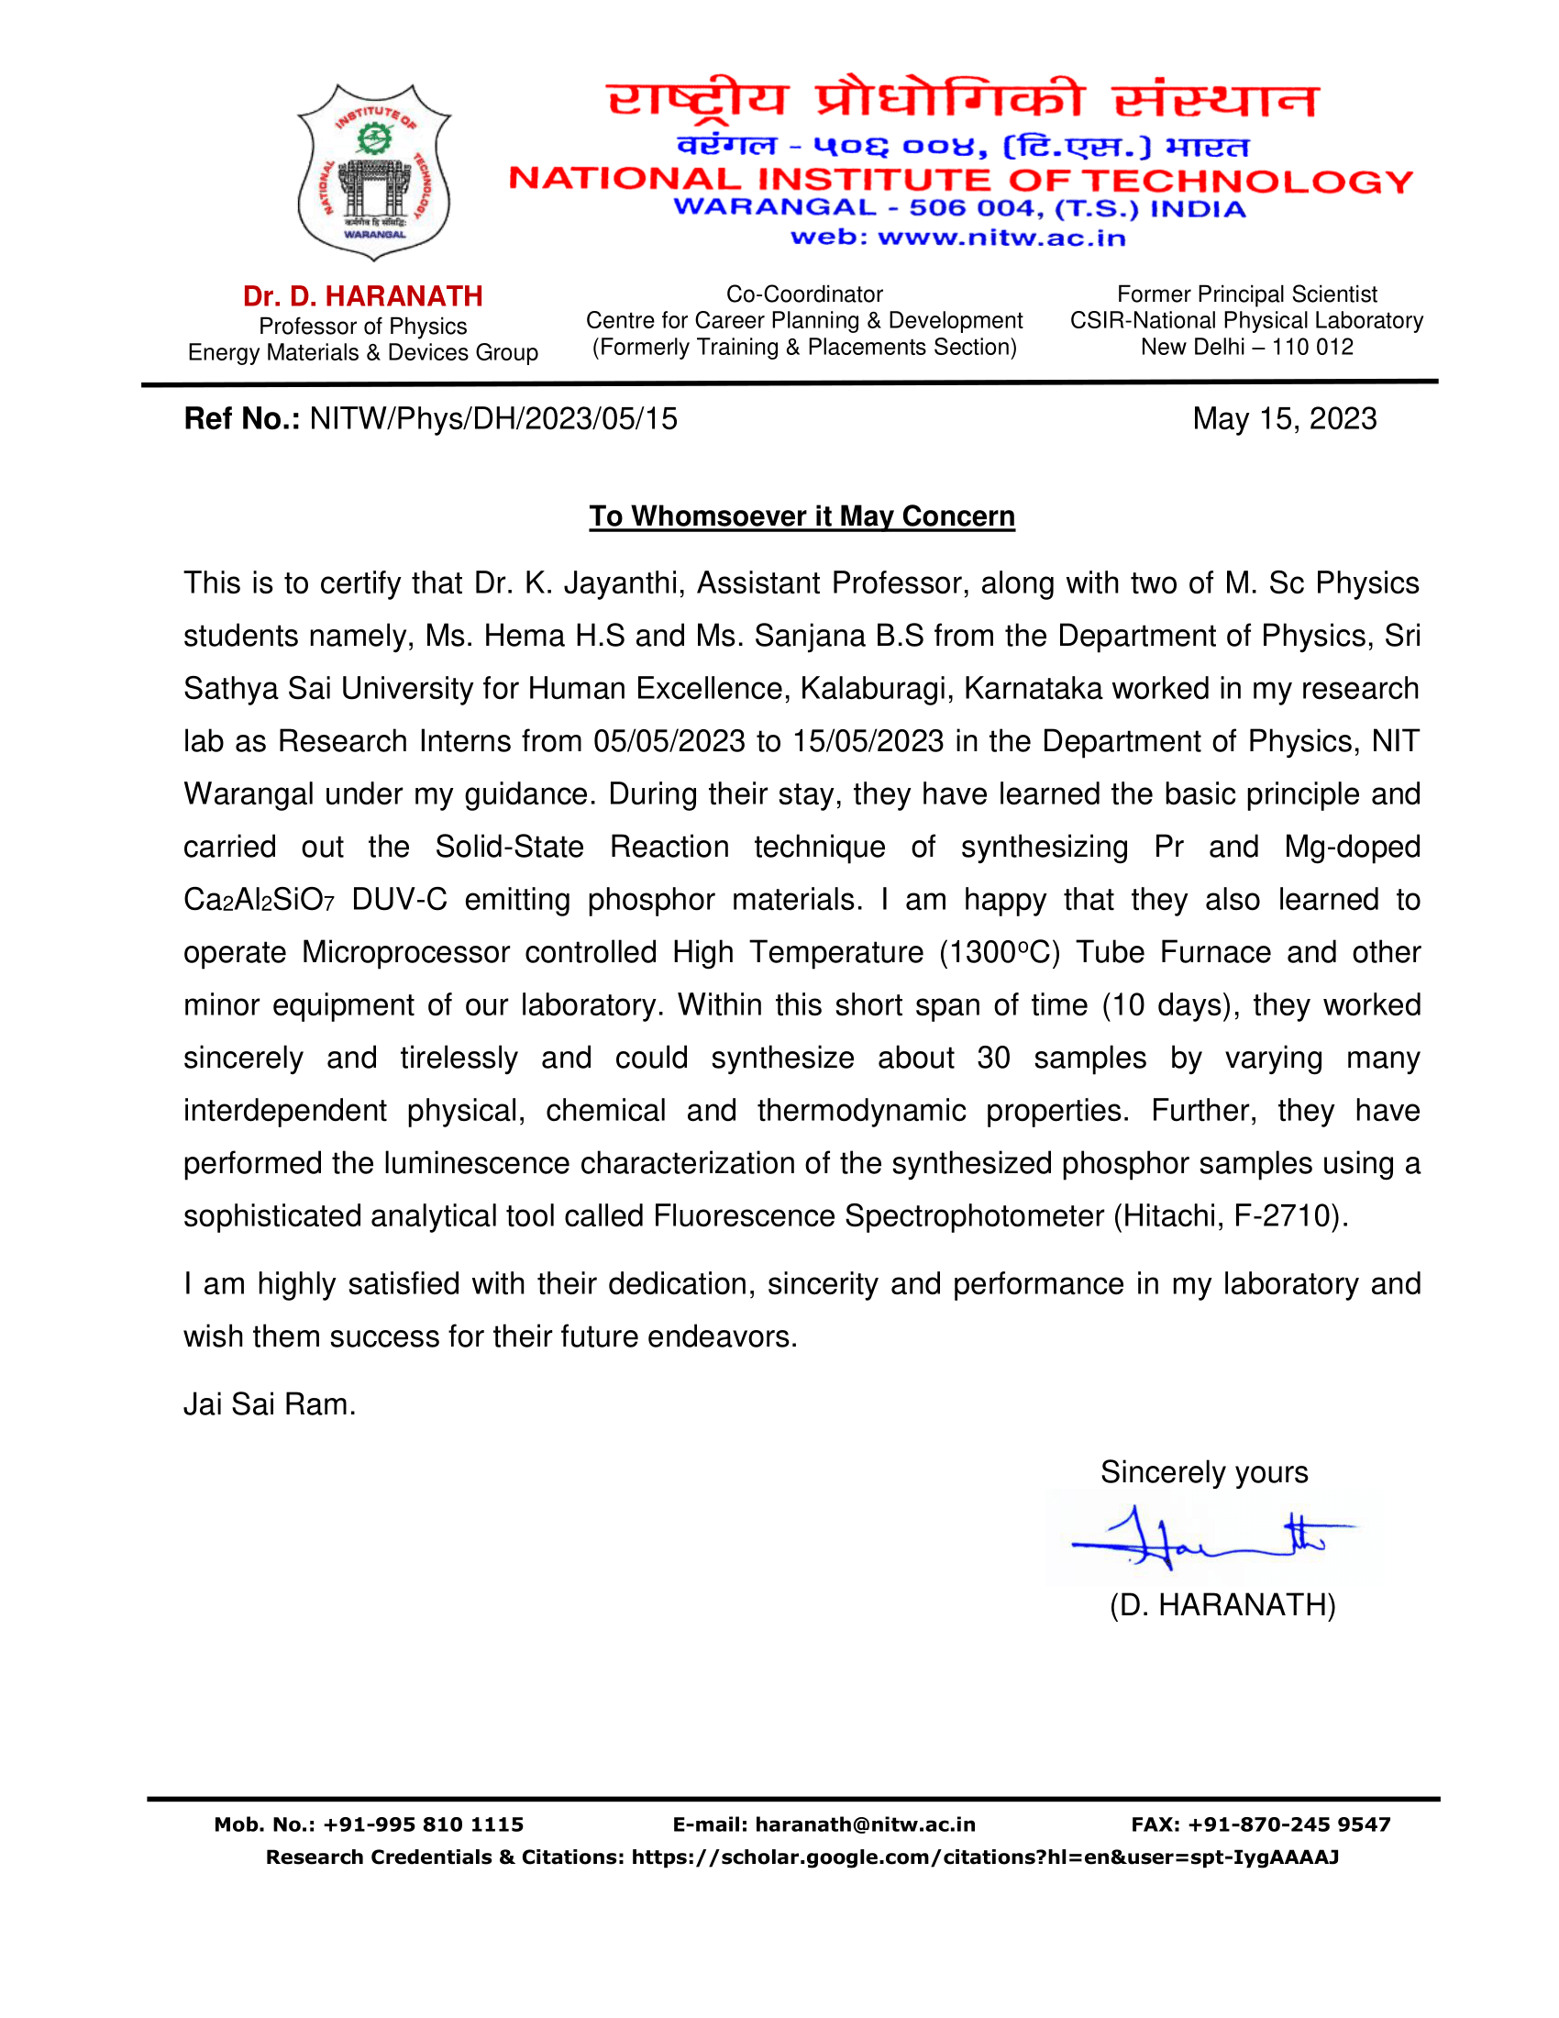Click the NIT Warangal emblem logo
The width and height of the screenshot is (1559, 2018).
pos(374,172)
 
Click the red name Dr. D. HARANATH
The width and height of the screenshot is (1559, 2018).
pos(363,296)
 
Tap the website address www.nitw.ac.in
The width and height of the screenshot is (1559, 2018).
pos(1001,238)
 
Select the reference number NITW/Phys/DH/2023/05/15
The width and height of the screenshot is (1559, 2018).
pos(493,419)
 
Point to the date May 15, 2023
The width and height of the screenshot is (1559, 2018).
pos(1284,419)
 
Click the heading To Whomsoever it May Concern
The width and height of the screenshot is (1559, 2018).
pos(802,516)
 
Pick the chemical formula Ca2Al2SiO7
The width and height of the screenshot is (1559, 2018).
pos(259,901)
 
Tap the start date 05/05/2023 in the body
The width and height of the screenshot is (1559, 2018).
pos(669,742)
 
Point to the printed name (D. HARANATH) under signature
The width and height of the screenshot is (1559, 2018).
pos(1222,1606)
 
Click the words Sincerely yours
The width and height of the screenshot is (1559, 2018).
pos(1203,1473)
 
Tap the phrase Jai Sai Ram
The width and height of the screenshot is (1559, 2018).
pos(269,1405)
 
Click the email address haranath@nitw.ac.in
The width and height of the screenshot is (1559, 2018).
pos(865,1824)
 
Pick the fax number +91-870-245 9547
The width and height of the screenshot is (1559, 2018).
pos(1288,1824)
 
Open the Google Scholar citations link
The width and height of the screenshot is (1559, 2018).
pos(985,1858)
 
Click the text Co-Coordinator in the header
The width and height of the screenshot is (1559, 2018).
pos(804,294)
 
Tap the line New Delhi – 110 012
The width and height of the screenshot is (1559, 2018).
pos(1247,348)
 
